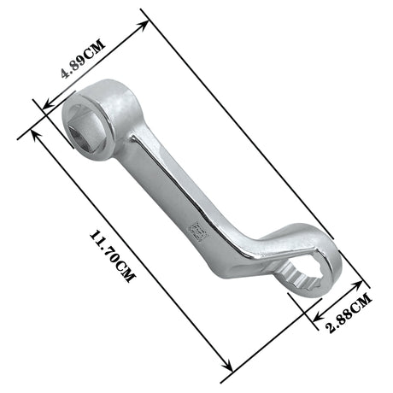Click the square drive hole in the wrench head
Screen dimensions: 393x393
(x=84, y=116)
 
